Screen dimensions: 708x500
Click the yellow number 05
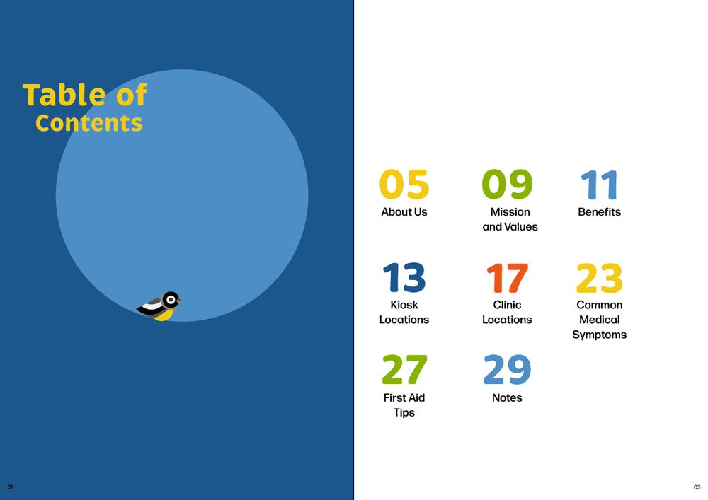coord(404,184)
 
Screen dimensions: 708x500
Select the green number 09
coord(507,184)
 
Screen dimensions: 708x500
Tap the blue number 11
coord(599,185)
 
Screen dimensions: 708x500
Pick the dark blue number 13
coord(404,277)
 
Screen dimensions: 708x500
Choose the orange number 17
coord(507,278)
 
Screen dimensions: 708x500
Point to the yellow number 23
coord(600,278)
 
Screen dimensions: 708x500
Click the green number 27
coord(404,370)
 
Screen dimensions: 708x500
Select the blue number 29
coord(507,370)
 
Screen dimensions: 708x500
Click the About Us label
coord(404,212)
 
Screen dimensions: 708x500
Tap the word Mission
coord(510,212)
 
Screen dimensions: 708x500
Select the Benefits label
coord(599,212)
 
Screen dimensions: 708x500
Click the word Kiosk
coord(404,305)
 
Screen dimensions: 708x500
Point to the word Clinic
coord(507,305)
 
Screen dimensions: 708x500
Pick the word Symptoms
coord(599,335)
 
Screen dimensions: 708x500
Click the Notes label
coord(507,397)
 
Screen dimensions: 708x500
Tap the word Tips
coord(404,413)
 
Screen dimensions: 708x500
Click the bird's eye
coord(171,300)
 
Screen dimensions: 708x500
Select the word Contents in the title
coord(89,122)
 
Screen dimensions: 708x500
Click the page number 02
coord(11,487)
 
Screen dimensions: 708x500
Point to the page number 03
coord(697,487)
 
